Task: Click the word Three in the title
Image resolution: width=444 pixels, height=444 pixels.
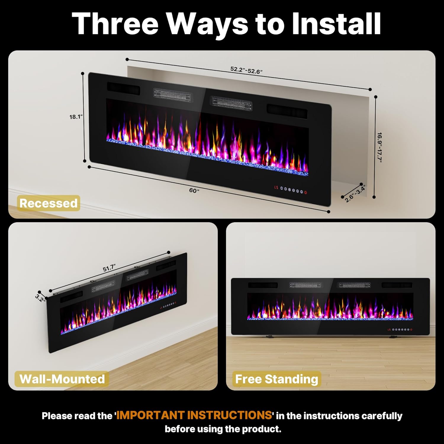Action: point(115,23)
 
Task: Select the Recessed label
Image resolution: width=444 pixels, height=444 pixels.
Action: point(49,203)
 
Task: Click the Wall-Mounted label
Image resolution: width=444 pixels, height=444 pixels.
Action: point(62,379)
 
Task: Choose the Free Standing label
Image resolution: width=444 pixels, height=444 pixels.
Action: point(276,379)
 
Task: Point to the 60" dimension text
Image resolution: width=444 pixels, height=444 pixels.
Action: point(194,190)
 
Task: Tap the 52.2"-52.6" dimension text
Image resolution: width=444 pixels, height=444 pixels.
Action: point(247,70)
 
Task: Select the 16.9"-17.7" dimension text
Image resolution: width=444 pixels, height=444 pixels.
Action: point(379,147)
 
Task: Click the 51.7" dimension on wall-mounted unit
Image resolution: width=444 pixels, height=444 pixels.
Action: point(109,268)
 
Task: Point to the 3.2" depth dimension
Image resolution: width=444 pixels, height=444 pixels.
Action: point(40,298)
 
